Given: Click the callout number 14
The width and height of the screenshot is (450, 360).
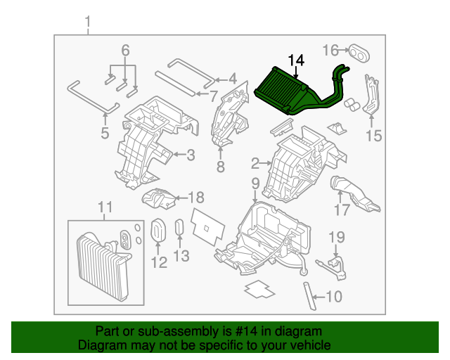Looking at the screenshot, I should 295,61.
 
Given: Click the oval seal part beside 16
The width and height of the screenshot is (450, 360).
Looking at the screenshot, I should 360,51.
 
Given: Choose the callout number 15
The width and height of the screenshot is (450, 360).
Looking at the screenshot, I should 373,136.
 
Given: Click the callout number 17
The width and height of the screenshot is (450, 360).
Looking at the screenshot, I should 342,210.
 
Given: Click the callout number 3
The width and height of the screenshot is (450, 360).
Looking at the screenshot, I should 190,155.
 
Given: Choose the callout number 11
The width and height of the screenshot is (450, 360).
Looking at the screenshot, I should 104,207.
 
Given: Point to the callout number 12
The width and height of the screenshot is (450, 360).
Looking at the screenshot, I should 159,262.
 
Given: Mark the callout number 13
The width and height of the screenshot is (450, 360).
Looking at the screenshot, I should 181,257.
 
